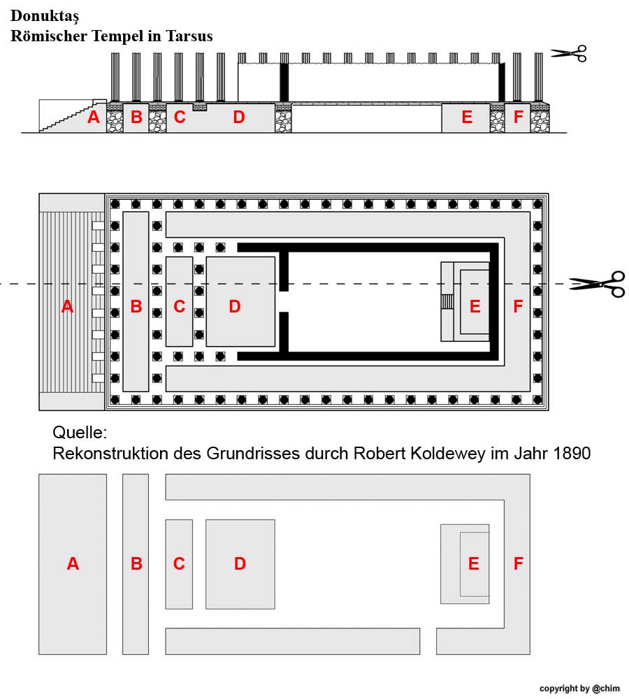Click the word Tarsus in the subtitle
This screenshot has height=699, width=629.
point(189,36)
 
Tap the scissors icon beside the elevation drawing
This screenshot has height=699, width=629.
point(569,53)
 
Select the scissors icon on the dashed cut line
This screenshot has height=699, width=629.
point(597,283)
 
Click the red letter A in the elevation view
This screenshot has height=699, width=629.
point(93,117)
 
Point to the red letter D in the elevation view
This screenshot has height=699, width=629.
point(239,117)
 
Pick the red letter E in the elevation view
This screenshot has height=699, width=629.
point(467,117)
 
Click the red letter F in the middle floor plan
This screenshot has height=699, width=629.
point(518,306)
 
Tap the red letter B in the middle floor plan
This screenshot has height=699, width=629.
point(136,306)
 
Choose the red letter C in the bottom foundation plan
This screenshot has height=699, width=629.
point(179,563)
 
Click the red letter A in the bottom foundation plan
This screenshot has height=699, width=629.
point(73,563)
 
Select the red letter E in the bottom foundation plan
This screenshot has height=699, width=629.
point(474,563)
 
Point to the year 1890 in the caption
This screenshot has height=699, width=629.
point(571,453)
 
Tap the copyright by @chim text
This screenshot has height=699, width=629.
point(579,689)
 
